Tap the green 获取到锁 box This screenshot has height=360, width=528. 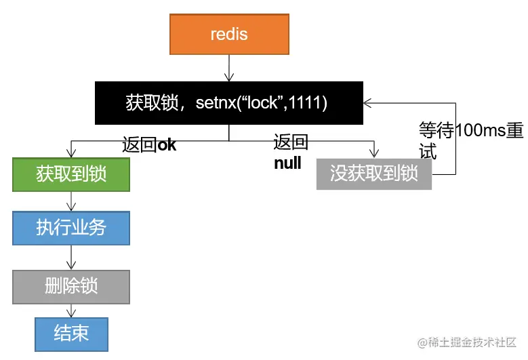71,174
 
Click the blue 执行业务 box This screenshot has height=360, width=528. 71,228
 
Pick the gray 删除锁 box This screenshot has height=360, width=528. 71,285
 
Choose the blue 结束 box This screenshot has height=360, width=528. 71,333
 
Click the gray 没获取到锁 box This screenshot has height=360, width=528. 373,174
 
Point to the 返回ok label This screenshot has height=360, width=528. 149,145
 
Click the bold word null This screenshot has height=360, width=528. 287,163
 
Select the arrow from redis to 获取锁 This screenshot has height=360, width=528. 229,68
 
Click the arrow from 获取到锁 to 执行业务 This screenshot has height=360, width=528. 71,201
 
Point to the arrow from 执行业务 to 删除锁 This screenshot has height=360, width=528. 71,257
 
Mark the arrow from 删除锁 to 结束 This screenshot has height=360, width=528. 71,310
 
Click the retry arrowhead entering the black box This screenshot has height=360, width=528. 368,103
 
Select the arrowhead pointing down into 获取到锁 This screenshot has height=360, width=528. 71,153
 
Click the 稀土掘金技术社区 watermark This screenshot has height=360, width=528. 467,342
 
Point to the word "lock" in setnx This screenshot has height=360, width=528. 264,103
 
